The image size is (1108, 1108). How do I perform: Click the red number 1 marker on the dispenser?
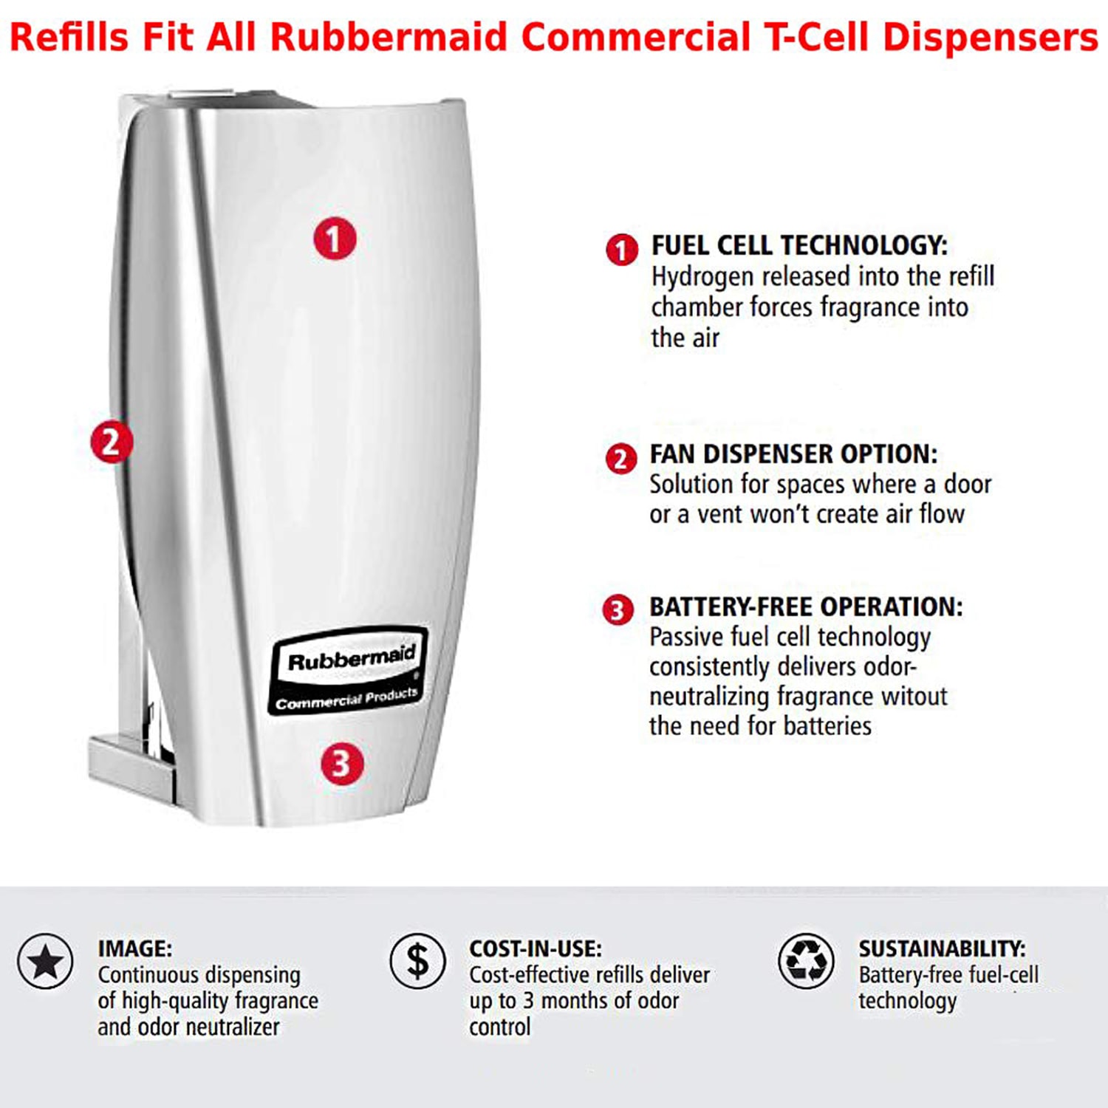tap(335, 239)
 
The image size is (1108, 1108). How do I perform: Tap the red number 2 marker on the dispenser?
tap(112, 442)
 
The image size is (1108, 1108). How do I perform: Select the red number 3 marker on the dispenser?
tap(341, 763)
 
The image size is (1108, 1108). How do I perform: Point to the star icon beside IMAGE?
tap(46, 961)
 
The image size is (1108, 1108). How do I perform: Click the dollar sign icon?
tap(418, 961)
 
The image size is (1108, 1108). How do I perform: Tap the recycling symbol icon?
tap(806, 961)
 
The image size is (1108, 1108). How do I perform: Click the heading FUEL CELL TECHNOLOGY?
tap(799, 245)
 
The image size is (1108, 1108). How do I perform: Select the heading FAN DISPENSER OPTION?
tap(793, 454)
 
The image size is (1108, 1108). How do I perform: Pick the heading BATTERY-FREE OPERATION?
tap(806, 606)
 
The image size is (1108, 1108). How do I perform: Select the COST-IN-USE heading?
tap(536, 948)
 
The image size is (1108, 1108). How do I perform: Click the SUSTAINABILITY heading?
tap(942, 948)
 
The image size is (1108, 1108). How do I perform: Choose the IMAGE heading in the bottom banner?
tap(134, 948)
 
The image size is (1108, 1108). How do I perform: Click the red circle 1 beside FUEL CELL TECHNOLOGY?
tap(622, 250)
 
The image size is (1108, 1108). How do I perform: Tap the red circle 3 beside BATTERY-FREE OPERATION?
tap(618, 610)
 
